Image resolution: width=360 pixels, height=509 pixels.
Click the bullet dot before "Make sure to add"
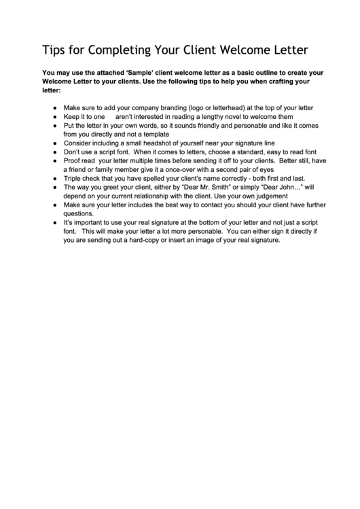pyautogui.click(x=54, y=107)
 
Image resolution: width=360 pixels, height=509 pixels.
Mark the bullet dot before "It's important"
pyautogui.click(x=54, y=222)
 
